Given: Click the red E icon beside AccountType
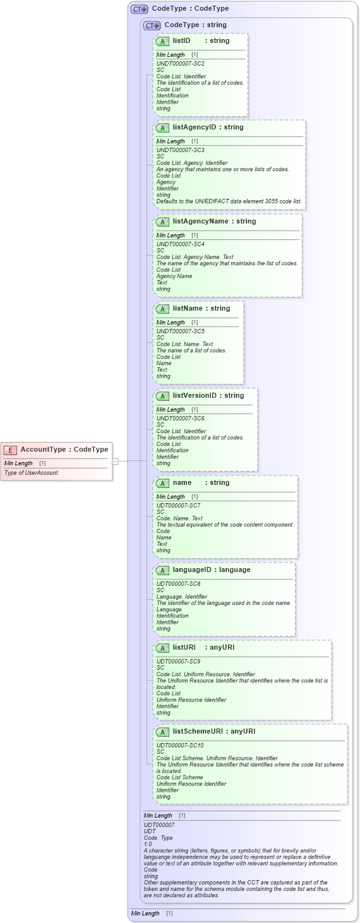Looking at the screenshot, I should click(x=10, y=450).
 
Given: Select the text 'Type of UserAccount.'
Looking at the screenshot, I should click(x=32, y=473).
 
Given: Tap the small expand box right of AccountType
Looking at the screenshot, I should click(x=115, y=461).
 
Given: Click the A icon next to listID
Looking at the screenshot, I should click(x=162, y=41).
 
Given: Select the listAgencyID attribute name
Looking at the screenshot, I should click(x=195, y=128).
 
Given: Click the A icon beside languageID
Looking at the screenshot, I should click(x=162, y=570).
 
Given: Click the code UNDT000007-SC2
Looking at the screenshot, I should click(x=180, y=64).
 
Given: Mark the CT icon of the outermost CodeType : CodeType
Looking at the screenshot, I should click(x=139, y=9).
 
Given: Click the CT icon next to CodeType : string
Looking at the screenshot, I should click(x=152, y=25).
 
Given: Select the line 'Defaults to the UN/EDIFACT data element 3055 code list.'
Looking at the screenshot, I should click(x=229, y=201).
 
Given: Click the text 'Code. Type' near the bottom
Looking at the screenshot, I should click(x=159, y=838).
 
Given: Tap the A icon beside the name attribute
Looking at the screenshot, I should click(x=162, y=483).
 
